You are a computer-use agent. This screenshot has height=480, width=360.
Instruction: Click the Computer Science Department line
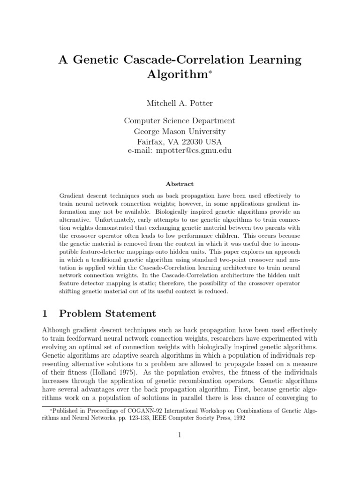pyautogui.click(x=180, y=121)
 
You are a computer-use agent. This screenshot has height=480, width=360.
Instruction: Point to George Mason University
pyautogui.click(x=180, y=131)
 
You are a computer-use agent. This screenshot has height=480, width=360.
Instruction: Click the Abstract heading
pyautogui.click(x=180, y=184)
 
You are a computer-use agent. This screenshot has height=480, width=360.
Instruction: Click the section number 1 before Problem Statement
pyautogui.click(x=45, y=313)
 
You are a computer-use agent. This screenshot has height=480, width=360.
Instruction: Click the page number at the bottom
pyautogui.click(x=180, y=435)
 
